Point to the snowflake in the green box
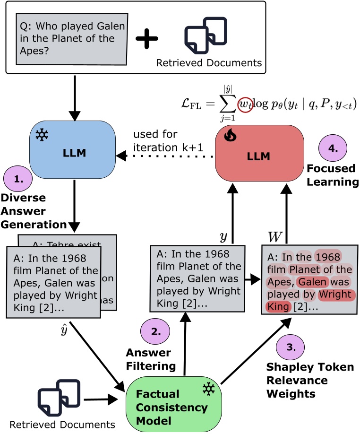point(208,389)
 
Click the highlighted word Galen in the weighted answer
point(311,282)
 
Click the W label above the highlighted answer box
point(273,235)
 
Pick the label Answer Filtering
point(151,359)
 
